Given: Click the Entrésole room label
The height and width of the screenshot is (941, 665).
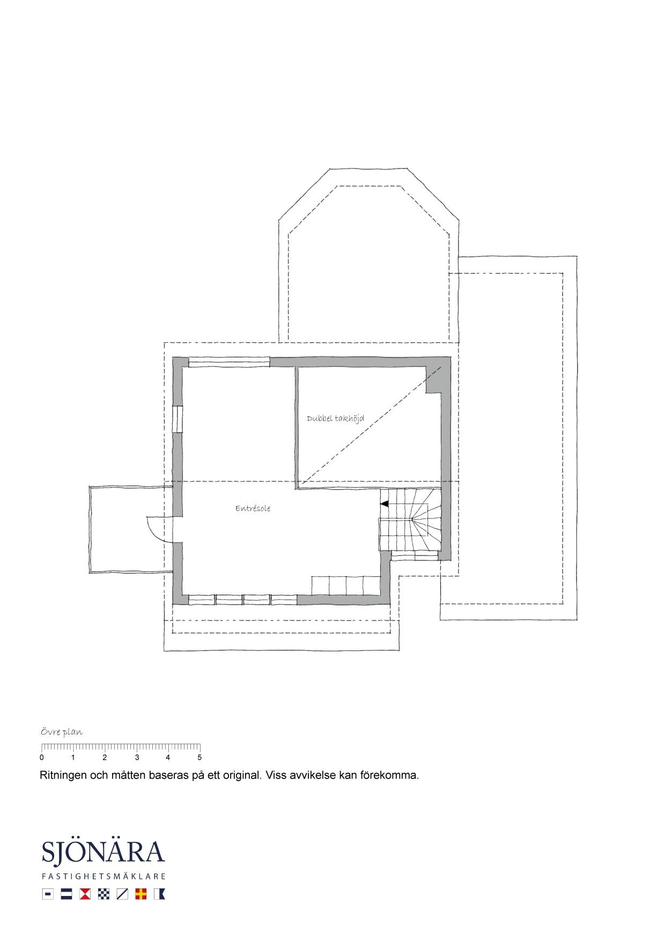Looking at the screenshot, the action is (x=253, y=508).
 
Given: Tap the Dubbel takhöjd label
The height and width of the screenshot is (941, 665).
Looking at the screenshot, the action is (x=335, y=418).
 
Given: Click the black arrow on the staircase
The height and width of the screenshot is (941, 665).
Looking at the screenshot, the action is (x=384, y=504).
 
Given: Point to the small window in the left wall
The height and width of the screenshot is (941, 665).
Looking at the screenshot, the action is (x=177, y=418).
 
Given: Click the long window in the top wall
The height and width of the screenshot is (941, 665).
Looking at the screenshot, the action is (x=228, y=362).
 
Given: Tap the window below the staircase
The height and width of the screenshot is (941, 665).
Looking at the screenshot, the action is (x=415, y=557).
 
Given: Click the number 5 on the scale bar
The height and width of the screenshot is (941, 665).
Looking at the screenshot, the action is (x=199, y=758).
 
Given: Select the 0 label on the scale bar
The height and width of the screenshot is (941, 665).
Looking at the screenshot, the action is (x=42, y=758).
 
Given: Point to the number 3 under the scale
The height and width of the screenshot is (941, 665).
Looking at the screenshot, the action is (x=137, y=758).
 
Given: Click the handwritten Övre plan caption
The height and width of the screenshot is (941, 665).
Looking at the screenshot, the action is (x=62, y=732).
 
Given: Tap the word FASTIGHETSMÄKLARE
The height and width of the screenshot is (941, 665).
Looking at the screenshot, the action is (x=104, y=877).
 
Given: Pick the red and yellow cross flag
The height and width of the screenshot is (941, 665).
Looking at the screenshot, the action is (x=141, y=894).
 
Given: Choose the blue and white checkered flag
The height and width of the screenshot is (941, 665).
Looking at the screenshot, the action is (x=104, y=894).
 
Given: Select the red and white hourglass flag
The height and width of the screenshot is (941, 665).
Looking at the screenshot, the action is (x=85, y=894).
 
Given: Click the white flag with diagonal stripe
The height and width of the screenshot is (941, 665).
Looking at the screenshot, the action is (x=122, y=894).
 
